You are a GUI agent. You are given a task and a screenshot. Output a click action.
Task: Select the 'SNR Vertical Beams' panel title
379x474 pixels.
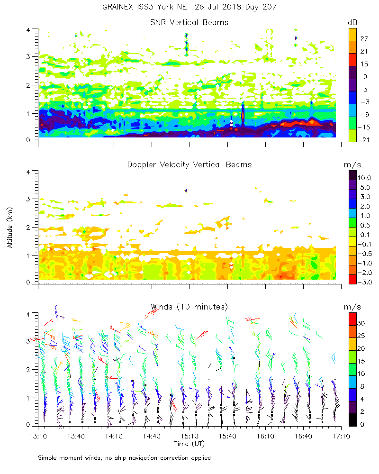pyautogui.click(x=189, y=22)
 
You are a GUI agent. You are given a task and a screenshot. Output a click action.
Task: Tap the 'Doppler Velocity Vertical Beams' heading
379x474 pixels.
pyautogui.click(x=189, y=164)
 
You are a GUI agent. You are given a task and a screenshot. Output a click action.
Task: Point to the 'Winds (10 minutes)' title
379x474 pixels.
pyautogui.click(x=189, y=306)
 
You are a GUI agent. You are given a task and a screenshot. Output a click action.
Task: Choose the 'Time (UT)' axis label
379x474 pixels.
pyautogui.click(x=189, y=444)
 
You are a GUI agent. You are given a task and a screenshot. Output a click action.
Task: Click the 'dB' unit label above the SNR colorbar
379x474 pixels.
pyautogui.click(x=352, y=22)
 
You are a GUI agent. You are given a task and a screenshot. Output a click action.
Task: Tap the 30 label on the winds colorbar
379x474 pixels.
pyautogui.click(x=362, y=323)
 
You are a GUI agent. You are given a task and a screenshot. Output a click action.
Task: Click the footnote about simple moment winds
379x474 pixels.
pyautogui.click(x=124, y=458)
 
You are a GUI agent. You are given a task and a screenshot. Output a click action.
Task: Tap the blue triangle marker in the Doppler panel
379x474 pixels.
pyautogui.click(x=186, y=191)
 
